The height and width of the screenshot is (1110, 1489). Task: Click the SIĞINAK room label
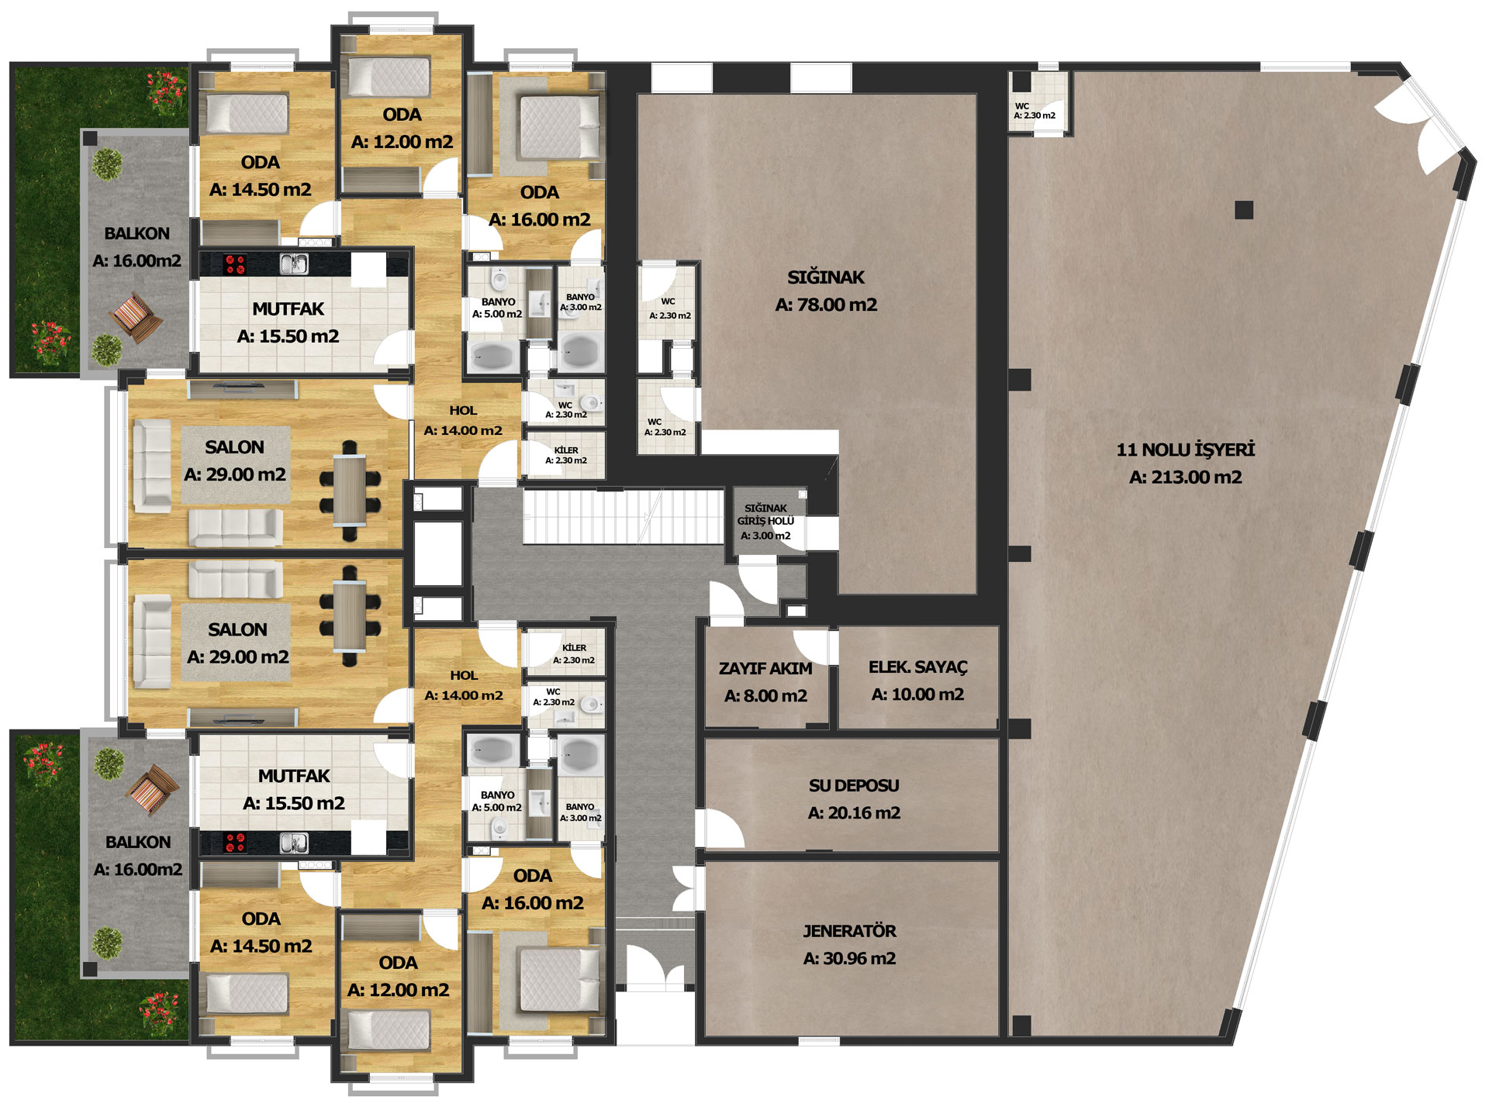click(826, 277)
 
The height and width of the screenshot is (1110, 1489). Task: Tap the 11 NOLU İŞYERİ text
click(1185, 450)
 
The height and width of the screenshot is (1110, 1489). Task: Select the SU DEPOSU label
click(854, 785)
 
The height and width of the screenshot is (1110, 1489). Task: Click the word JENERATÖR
click(849, 931)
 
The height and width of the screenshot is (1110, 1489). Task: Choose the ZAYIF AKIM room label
click(765, 668)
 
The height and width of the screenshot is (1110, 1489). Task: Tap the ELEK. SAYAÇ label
click(918, 667)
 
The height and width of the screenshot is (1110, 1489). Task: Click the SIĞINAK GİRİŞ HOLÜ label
click(765, 515)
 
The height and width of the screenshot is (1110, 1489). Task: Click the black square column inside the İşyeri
click(1244, 209)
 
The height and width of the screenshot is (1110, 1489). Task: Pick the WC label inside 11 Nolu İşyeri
click(1022, 106)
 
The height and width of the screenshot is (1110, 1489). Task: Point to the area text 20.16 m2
click(854, 813)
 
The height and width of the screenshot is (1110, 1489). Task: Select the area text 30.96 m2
click(849, 959)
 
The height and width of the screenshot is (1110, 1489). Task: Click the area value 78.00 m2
click(826, 305)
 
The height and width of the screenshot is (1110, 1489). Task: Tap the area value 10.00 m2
click(918, 695)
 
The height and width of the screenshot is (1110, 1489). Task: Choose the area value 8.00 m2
click(765, 696)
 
